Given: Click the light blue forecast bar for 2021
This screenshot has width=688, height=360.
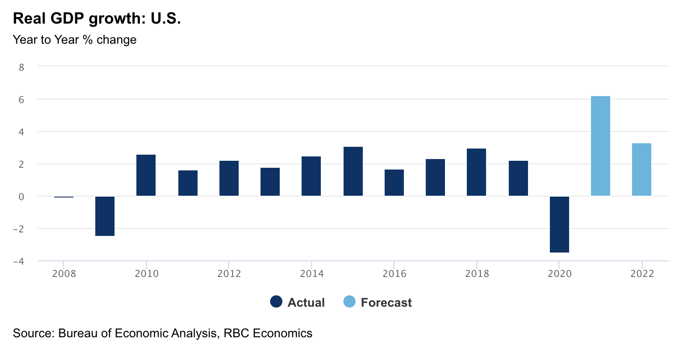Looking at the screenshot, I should (x=600, y=146).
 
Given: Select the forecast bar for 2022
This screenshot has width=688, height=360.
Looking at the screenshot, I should (x=641, y=170).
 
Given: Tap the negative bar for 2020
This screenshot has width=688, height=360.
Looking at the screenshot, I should (x=559, y=224).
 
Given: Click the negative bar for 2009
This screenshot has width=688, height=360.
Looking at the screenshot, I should (x=105, y=216).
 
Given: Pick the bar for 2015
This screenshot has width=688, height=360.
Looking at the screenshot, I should (x=353, y=171).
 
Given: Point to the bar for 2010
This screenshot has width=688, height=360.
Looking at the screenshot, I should (x=146, y=175).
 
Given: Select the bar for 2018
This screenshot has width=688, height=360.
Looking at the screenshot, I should (x=476, y=172).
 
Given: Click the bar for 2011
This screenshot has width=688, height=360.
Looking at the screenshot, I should (x=188, y=183).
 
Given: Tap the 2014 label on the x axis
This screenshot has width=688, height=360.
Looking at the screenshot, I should (x=312, y=274).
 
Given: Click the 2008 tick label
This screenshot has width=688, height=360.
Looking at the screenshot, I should (x=64, y=274).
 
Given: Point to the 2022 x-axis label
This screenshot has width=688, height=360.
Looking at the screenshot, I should (x=642, y=274).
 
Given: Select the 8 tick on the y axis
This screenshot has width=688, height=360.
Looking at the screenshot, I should (x=21, y=67).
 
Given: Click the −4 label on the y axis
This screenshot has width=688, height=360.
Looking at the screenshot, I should (x=18, y=261).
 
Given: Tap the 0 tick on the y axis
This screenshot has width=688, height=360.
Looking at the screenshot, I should (x=21, y=197).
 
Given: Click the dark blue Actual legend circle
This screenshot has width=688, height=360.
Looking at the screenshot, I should (x=276, y=302).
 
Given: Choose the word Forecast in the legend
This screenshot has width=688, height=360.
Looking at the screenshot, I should (x=386, y=302).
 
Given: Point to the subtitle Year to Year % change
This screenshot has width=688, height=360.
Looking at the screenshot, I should (x=75, y=40).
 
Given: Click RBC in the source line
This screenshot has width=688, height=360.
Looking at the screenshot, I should (x=236, y=333).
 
